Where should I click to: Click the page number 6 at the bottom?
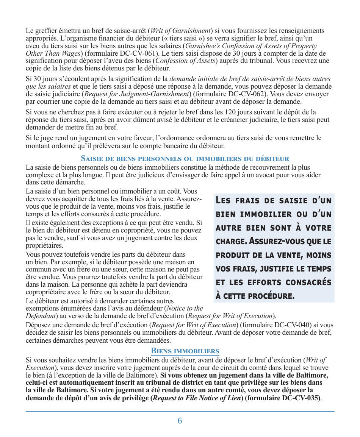click(180, 421)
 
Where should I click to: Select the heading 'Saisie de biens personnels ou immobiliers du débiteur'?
click(185, 159)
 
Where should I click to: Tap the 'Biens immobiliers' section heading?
click(185, 351)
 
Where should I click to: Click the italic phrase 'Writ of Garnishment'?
click(181, 31)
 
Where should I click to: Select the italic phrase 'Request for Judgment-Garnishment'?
click(137, 94)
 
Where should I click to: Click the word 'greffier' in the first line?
click(46, 31)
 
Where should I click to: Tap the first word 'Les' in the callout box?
click(223, 200)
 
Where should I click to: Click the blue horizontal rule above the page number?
click(180, 411)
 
